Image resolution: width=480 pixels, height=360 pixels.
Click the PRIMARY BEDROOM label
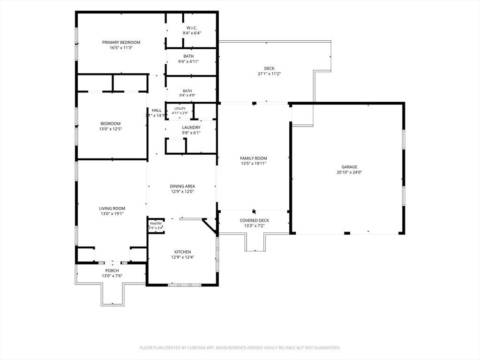coord(121,42)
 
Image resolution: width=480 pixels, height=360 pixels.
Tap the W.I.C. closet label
coord(192,28)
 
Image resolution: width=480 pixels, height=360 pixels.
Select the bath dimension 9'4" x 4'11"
coord(188,61)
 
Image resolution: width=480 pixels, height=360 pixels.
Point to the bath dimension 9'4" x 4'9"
coord(187,95)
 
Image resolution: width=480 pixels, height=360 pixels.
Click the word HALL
coord(157,110)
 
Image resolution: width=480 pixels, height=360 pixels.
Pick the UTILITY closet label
coord(180,109)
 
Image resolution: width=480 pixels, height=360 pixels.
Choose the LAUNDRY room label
coord(191,127)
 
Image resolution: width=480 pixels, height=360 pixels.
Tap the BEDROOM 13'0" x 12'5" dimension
coord(111,129)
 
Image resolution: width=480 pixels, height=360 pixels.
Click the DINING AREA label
coord(182,186)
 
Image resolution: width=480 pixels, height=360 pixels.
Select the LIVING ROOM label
coord(112,209)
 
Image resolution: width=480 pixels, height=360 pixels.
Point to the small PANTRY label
coord(156,224)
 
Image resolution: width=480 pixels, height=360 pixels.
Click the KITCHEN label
coord(183,252)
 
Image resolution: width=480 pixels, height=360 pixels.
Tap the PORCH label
coord(112,270)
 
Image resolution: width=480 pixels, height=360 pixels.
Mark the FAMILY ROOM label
coord(254,158)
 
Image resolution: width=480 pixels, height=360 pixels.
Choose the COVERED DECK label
coord(255,220)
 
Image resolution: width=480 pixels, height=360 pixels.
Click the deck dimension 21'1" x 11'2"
coord(270,74)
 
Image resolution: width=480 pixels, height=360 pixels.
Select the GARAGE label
coord(349,167)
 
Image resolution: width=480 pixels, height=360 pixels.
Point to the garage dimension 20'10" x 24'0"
coord(349,172)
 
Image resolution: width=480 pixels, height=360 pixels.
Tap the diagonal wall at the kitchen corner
coord(210,226)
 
